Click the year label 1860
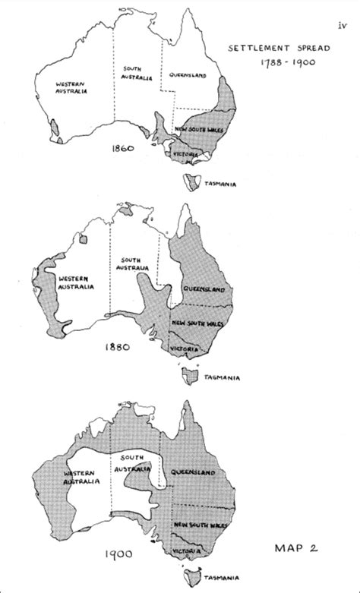[122, 149]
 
